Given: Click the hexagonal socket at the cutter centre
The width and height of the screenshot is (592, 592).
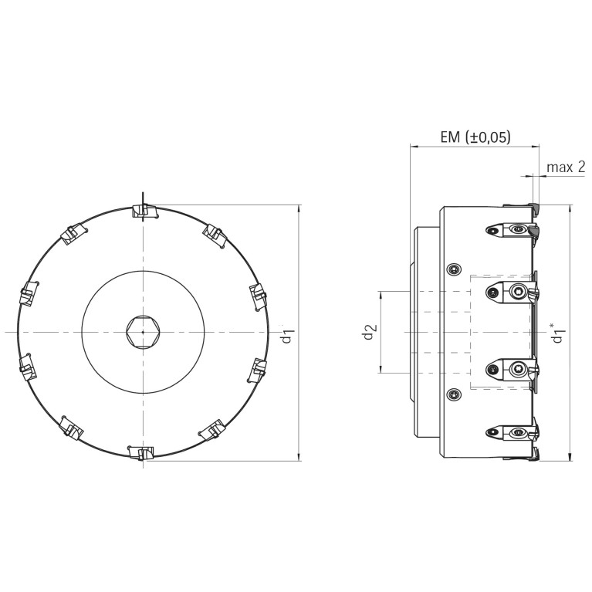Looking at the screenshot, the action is pyautogui.click(x=143, y=332).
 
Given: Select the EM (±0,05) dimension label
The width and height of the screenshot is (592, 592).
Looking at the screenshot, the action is pyautogui.click(x=475, y=137).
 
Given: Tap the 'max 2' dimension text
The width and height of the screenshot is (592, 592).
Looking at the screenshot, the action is pyautogui.click(x=566, y=167).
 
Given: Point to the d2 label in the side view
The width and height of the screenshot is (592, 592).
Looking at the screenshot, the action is pyautogui.click(x=370, y=332).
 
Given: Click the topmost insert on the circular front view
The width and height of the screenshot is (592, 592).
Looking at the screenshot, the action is pyautogui.click(x=145, y=211).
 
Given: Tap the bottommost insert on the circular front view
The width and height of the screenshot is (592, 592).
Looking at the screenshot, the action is pyautogui.click(x=140, y=452).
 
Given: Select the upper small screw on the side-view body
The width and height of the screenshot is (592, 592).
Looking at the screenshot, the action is pyautogui.click(x=454, y=269).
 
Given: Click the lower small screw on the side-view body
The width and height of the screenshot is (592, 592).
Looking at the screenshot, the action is pyautogui.click(x=454, y=395).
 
